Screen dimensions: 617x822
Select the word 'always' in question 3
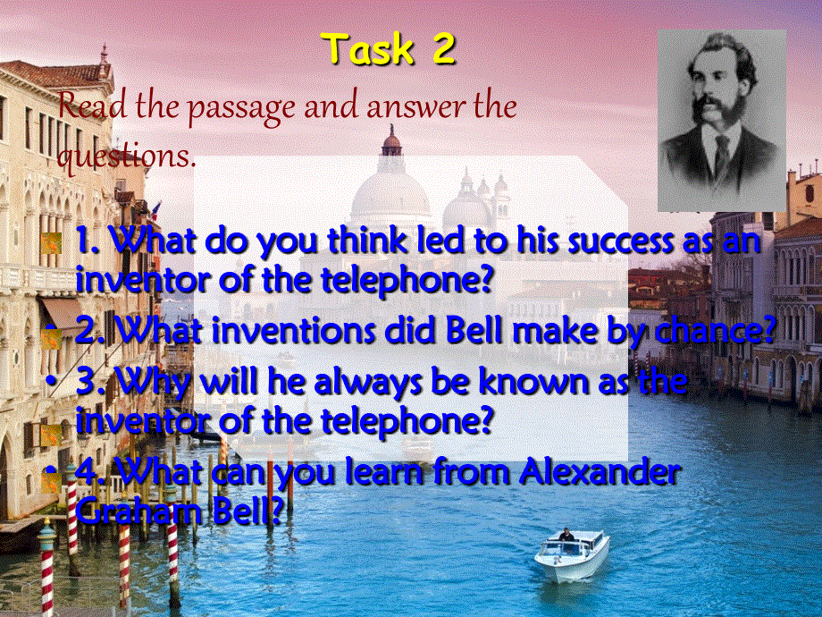point(408,383)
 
